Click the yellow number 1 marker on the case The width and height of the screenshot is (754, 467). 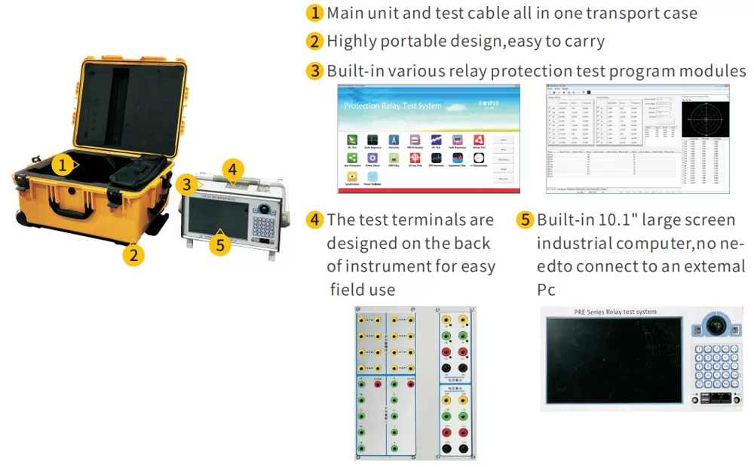click(65, 164)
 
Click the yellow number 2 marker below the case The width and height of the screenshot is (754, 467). click(133, 254)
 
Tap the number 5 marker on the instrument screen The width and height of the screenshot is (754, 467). click(219, 244)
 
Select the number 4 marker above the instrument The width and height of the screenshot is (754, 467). click(234, 168)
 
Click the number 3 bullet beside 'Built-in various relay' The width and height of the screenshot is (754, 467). click(314, 71)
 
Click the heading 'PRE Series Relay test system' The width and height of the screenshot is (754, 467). click(605, 312)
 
